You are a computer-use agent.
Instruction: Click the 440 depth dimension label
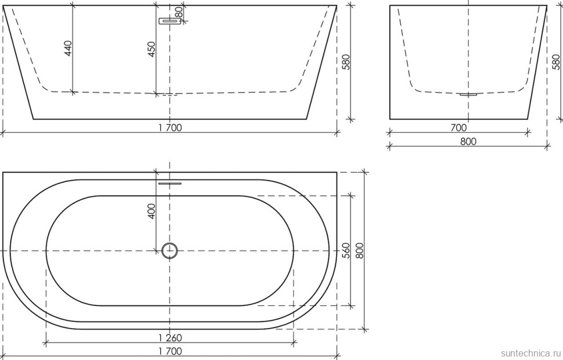tap(68, 48)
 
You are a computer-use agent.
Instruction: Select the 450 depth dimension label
tap(151, 49)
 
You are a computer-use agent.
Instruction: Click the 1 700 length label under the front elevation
tap(169, 128)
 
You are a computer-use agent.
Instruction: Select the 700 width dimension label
tap(459, 128)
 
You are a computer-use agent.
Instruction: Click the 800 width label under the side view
tap(468, 142)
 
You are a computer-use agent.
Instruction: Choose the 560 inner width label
tap(347, 250)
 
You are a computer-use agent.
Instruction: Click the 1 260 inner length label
tap(169, 338)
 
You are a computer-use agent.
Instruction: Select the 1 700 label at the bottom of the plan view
tap(169, 351)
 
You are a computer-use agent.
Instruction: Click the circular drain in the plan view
tap(169, 250)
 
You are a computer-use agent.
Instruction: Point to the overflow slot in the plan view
tap(169, 182)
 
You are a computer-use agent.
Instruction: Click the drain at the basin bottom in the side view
tap(468, 94)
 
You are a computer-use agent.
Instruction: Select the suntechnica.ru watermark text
tap(529, 352)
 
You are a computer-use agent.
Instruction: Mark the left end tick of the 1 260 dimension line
tap(46, 343)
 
